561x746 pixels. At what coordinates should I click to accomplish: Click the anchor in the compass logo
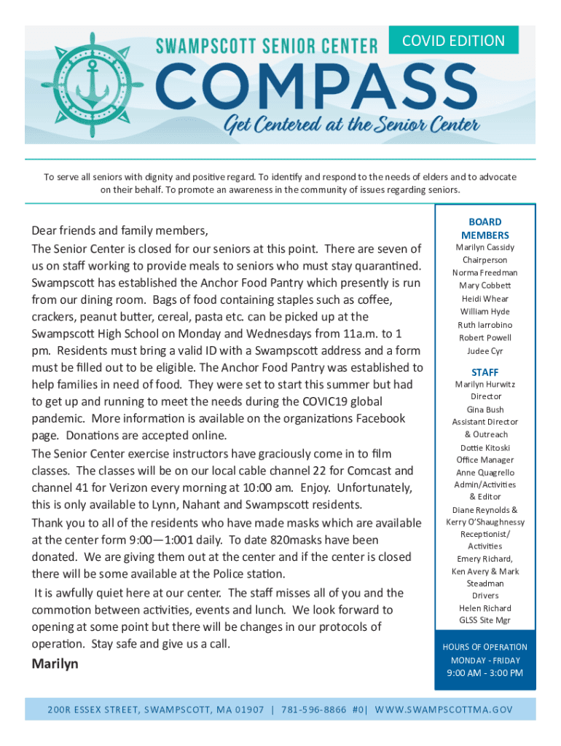click(x=87, y=85)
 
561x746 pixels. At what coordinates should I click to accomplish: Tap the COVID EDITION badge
click(x=453, y=41)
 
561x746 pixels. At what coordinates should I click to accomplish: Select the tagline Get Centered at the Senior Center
click(x=351, y=126)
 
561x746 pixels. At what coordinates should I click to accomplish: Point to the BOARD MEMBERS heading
click(x=484, y=228)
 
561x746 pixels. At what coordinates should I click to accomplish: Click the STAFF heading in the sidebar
click(x=484, y=372)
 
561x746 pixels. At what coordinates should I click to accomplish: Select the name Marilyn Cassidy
click(x=484, y=248)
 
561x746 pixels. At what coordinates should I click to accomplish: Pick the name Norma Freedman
click(x=484, y=273)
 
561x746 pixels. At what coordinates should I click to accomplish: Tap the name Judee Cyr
click(x=484, y=350)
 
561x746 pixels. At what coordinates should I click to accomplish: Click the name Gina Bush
click(x=484, y=409)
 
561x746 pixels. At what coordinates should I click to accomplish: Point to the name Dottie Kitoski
click(x=484, y=447)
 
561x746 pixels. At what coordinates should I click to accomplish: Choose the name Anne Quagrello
click(x=484, y=472)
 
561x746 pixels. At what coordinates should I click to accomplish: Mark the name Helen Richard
click(x=484, y=608)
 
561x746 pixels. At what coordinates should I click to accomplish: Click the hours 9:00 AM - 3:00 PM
click(x=484, y=672)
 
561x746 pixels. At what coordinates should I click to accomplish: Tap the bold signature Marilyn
click(x=55, y=664)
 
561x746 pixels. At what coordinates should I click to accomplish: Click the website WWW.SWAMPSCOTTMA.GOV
click(x=444, y=710)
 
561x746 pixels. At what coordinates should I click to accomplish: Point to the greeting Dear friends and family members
click(x=120, y=231)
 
